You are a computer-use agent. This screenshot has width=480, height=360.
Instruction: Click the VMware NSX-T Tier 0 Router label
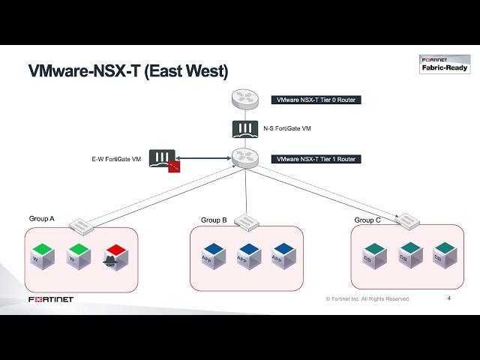316,100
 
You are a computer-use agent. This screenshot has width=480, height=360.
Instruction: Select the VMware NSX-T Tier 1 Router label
316,159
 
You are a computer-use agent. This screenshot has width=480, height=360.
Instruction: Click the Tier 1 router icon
244,158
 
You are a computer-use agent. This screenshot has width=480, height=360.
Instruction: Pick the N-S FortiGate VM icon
244,128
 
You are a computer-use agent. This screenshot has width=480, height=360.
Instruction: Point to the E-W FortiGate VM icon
163,158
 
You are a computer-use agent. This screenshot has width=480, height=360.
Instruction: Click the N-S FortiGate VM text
287,129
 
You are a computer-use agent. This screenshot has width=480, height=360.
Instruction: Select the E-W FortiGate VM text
115,159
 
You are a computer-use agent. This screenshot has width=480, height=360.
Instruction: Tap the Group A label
42,219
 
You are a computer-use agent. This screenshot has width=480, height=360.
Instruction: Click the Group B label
214,220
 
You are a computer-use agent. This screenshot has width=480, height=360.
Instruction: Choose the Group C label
367,220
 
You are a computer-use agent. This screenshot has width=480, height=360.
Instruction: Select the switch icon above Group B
247,220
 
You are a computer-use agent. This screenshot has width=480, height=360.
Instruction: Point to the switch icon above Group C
408,220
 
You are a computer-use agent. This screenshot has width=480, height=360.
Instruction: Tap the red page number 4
448,298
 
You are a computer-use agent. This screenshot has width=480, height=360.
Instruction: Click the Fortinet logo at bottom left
51,300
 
